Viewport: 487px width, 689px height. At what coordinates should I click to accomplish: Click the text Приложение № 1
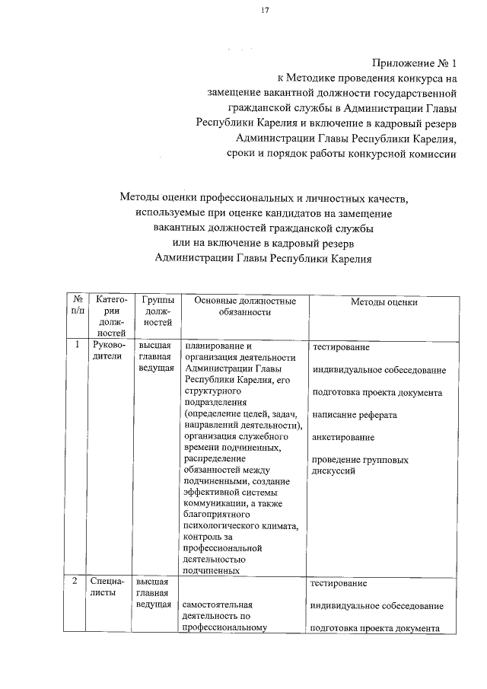pos(414,62)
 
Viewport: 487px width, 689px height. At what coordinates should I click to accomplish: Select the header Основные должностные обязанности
pos(244,307)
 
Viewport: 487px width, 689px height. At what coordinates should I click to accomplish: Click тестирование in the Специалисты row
pos(339,583)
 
